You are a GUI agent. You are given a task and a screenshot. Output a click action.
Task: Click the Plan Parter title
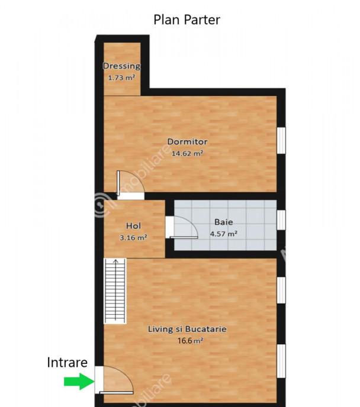click(x=187, y=20)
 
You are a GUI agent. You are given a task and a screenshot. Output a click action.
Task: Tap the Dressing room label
click(x=121, y=66)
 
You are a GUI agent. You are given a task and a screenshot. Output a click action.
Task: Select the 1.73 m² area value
click(x=121, y=77)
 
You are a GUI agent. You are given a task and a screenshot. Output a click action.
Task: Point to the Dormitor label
click(x=187, y=141)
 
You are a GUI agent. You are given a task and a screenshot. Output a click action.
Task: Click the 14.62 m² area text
click(x=187, y=153)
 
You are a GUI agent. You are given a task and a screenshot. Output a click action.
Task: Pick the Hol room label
click(x=133, y=226)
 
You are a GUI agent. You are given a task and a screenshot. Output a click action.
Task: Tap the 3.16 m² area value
click(x=133, y=237)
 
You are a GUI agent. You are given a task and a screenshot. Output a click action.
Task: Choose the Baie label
click(x=224, y=222)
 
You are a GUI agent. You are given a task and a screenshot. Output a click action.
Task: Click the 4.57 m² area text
click(x=224, y=234)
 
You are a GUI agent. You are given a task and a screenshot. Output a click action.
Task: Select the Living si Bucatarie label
click(x=187, y=329)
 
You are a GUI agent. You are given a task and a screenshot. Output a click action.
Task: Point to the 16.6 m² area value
click(x=191, y=341)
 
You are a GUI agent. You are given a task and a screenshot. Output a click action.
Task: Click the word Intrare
click(x=67, y=363)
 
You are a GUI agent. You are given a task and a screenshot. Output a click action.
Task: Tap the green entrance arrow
click(x=79, y=382)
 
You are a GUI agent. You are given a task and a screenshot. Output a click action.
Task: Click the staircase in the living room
click(x=115, y=291)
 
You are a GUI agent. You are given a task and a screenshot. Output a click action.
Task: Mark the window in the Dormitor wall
click(x=281, y=140)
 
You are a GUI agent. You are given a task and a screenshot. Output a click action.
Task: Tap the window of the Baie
click(x=281, y=220)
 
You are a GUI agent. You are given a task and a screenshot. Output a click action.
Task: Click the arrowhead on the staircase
click(x=115, y=261)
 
